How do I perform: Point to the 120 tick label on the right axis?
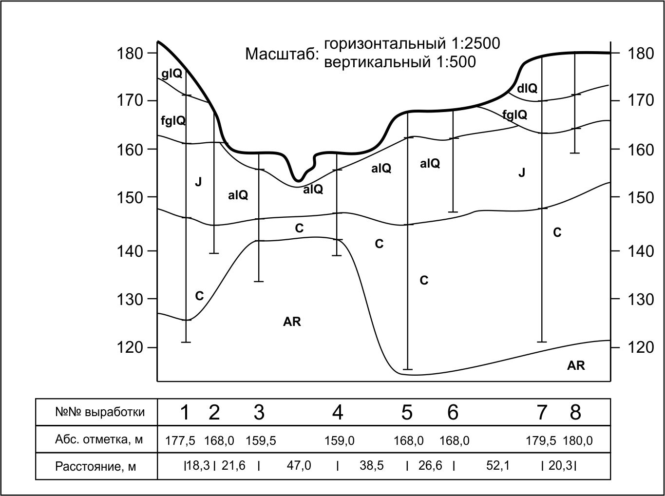(640, 347)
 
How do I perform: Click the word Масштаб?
(282, 54)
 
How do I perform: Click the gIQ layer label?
(171, 74)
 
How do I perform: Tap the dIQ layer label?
(527, 88)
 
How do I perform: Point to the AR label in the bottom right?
(576, 365)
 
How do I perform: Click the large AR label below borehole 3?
(292, 322)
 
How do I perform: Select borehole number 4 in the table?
(338, 413)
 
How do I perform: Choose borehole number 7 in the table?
(542, 413)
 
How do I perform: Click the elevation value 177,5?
(180, 441)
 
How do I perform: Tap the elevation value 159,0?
(340, 441)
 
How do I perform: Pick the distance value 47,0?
(299, 466)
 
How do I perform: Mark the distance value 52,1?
(498, 466)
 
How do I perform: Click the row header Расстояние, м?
(95, 466)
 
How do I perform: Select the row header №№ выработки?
(100, 412)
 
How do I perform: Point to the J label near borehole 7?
(522, 172)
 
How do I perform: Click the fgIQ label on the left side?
(173, 120)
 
